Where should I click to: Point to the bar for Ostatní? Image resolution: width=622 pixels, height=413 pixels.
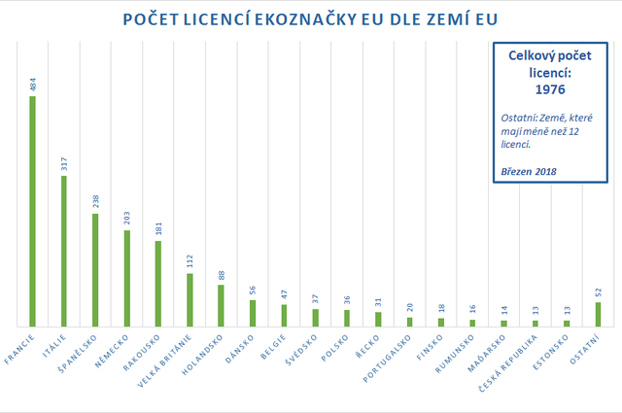pyautogui.click(x=598, y=314)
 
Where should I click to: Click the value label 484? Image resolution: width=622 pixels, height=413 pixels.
pyautogui.click(x=32, y=86)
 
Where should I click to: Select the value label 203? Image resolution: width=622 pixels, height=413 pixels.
pyautogui.click(x=126, y=219)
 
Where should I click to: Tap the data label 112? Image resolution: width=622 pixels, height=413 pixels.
pyautogui.click(x=189, y=261)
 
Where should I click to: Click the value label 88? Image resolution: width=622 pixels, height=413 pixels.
pyautogui.click(x=221, y=275)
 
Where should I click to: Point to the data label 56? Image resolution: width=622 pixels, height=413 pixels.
pyautogui.click(x=252, y=291)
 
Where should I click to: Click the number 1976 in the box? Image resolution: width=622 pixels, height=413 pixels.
pyautogui.click(x=550, y=89)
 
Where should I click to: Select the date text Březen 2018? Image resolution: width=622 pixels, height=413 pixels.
pyautogui.click(x=529, y=172)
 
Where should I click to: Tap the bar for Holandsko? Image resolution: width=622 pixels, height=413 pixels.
pyautogui.click(x=221, y=305)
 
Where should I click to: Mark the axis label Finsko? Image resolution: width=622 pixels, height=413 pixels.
pyautogui.click(x=435, y=345)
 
